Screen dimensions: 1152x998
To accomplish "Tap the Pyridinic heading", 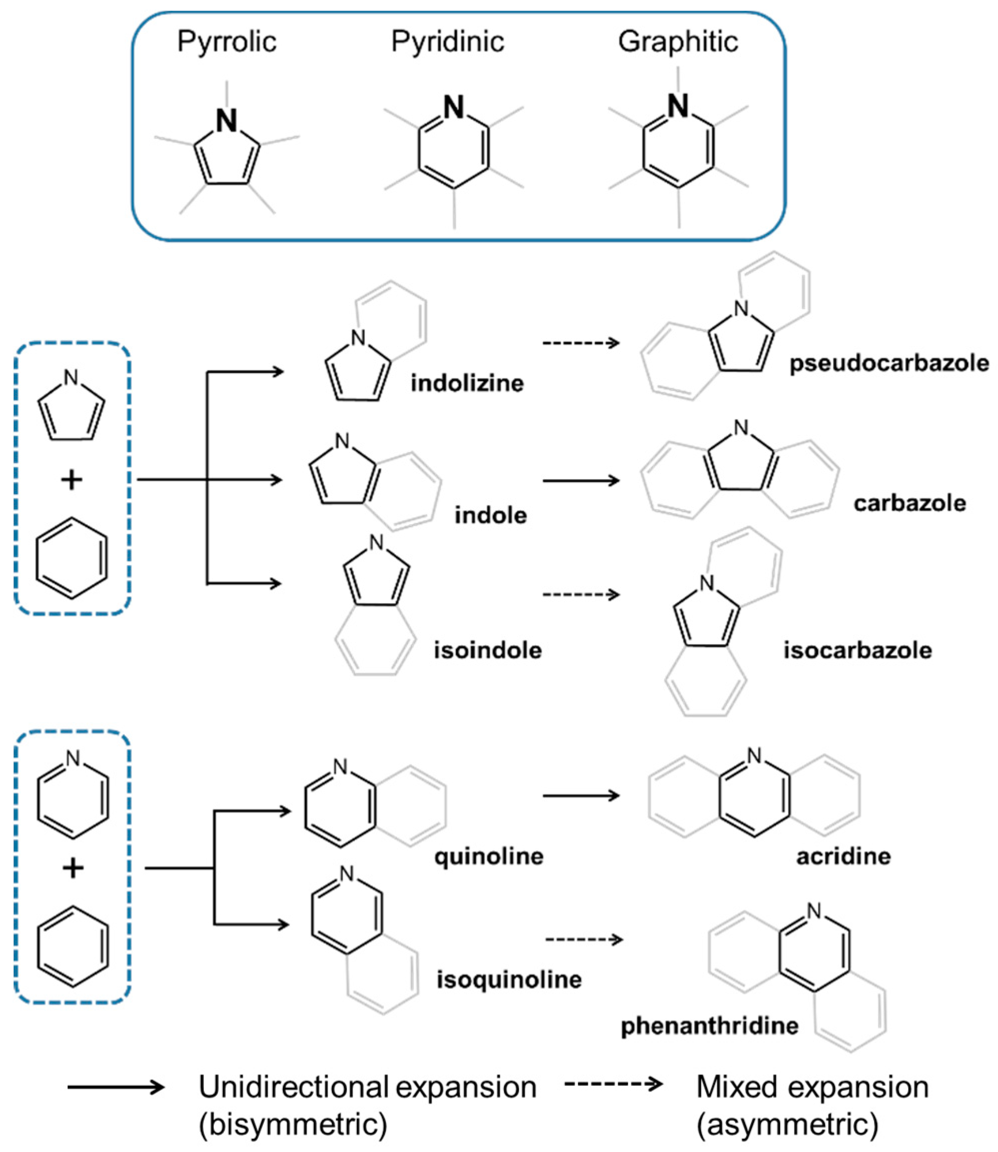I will click(448, 42).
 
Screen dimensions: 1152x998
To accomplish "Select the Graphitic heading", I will click(678, 42).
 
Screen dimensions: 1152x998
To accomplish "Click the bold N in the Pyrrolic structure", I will click(227, 121).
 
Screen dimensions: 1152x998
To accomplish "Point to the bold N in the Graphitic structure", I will click(678, 106).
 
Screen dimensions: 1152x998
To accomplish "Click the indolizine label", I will click(467, 383).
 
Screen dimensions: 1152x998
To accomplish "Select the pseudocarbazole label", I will click(889, 364).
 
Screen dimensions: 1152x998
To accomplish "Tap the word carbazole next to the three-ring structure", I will click(910, 503).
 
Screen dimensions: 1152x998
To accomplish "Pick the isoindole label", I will click(488, 650).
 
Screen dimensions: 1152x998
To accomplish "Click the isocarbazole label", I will click(857, 650).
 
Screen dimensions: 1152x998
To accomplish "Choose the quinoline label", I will click(489, 856).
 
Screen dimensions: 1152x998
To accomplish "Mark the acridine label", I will click(843, 856).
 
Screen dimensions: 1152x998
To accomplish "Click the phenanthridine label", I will click(709, 1025).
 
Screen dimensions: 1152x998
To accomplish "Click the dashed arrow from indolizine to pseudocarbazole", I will click(581, 343).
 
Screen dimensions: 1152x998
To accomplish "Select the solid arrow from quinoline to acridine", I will click(581, 796).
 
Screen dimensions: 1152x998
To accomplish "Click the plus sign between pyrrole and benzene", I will click(71, 480).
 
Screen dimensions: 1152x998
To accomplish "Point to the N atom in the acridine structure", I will click(754, 755).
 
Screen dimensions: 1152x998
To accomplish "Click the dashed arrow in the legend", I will click(613, 1083).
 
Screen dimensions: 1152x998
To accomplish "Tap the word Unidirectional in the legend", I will click(294, 1087).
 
